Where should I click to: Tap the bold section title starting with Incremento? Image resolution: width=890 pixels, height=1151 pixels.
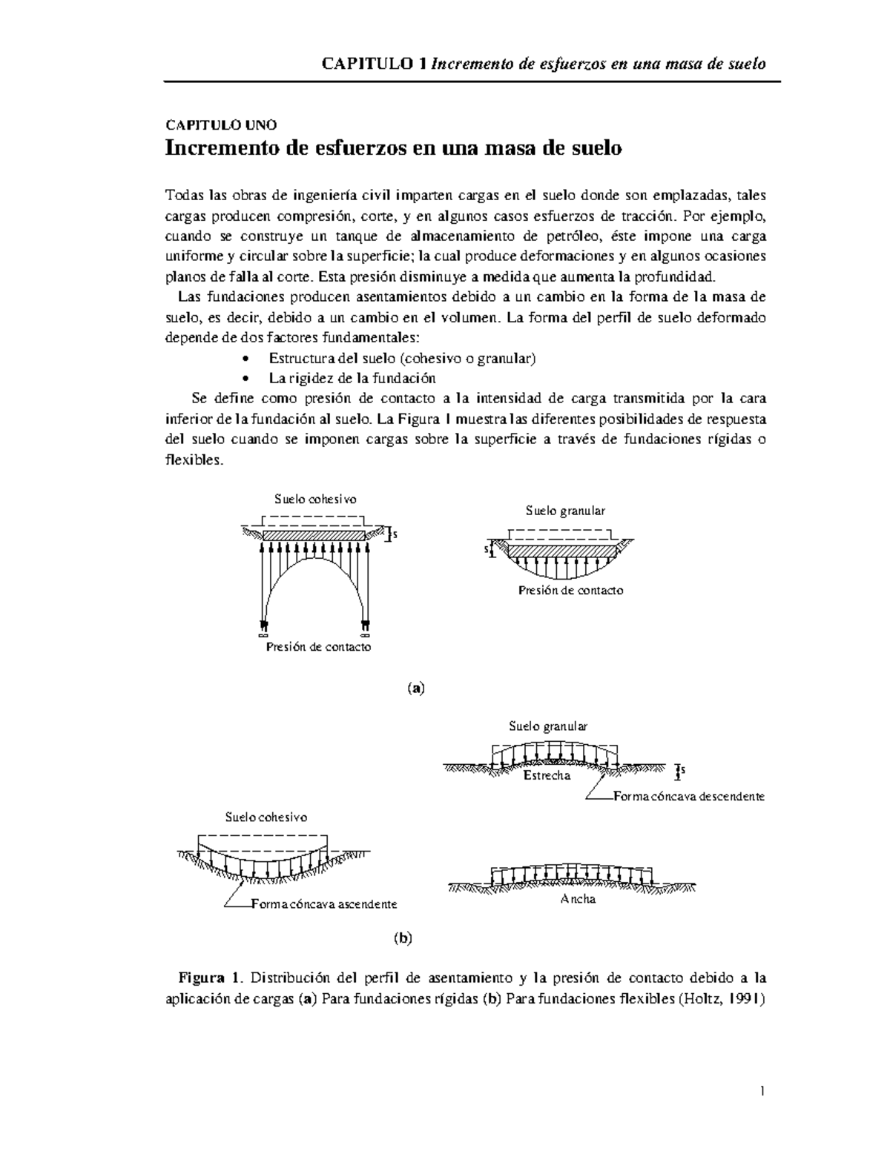pos(393,148)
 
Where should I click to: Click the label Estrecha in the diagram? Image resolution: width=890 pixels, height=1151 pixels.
pos(547,776)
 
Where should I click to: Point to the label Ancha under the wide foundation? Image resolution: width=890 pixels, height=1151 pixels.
pos(578,899)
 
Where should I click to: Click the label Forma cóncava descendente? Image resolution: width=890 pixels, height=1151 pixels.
pos(689,797)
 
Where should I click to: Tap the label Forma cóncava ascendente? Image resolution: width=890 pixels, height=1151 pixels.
pos(324,904)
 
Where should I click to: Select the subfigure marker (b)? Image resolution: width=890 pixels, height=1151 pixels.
pos(402,938)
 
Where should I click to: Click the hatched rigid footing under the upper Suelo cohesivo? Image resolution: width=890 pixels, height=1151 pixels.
pos(314,534)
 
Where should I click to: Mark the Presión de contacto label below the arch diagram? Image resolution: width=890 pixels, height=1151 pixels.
pos(318,647)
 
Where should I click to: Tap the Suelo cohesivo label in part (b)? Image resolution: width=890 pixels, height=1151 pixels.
pos(266,817)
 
